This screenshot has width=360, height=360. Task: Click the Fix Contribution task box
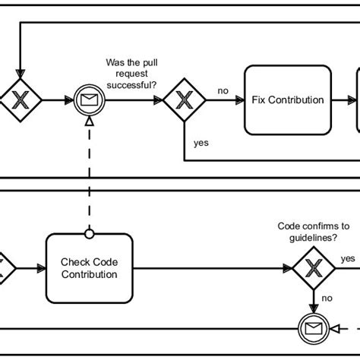tap(287, 99)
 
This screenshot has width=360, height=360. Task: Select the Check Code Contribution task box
tap(90, 267)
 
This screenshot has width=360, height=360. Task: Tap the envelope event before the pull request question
tap(89, 99)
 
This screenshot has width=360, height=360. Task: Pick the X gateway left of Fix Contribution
tap(185, 99)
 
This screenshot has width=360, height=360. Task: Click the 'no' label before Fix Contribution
tap(223, 91)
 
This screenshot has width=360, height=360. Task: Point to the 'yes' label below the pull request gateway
tap(201, 142)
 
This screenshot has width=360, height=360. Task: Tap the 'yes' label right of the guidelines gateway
tap(347, 258)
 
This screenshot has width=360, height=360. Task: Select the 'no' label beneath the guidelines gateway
tap(327, 298)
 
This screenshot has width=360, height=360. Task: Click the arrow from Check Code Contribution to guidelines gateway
tap(213, 268)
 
